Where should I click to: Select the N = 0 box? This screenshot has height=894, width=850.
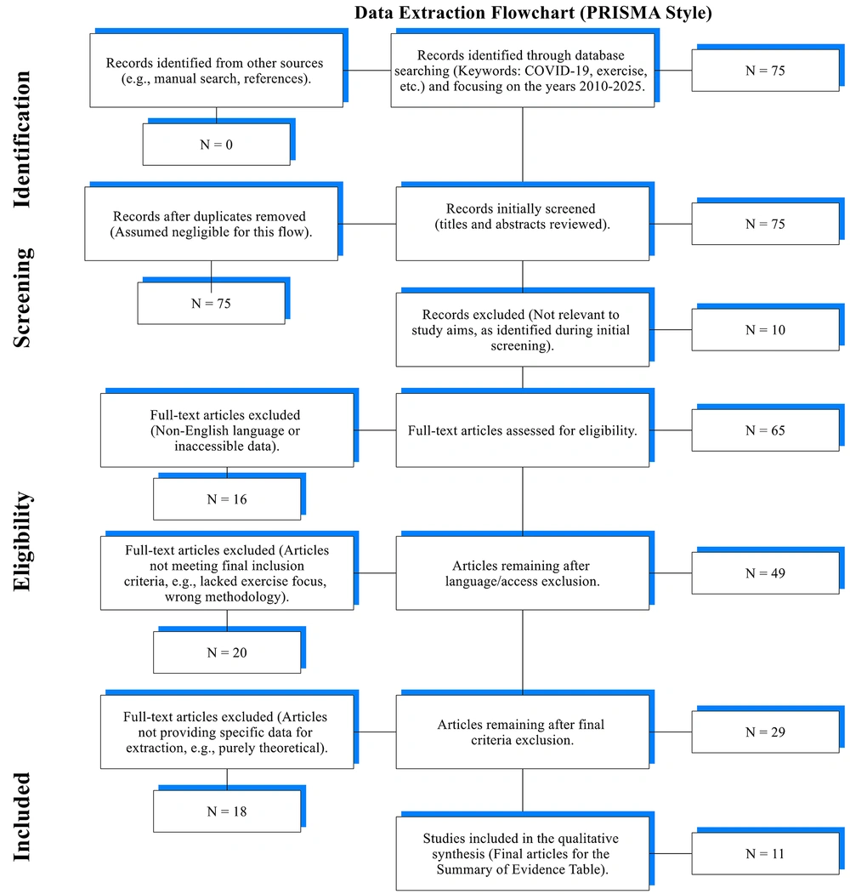point(217,145)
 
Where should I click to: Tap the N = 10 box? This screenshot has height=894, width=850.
point(765,329)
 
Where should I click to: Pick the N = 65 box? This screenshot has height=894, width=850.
point(765,430)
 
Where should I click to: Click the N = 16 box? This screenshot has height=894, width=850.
point(227,498)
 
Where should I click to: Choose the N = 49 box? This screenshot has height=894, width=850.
point(765,573)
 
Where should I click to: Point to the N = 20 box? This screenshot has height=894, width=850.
point(227,652)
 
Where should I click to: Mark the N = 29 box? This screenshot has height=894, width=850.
point(765,732)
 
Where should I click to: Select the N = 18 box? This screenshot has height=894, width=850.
point(227,811)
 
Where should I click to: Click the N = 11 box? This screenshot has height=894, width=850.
point(765,853)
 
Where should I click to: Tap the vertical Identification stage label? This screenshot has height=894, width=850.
point(21,140)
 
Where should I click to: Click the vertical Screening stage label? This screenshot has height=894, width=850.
point(22,298)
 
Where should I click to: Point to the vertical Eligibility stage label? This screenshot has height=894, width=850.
point(22,541)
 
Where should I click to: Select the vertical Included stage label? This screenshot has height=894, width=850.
point(21,817)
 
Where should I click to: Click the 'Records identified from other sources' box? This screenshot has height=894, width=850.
point(217,70)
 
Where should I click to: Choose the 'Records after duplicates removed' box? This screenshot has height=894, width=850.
point(212,224)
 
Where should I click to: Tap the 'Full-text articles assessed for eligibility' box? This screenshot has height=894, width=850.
point(523,430)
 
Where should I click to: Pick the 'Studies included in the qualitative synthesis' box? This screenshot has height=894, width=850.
point(523,853)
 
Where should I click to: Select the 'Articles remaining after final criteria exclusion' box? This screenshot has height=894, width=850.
point(523,732)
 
